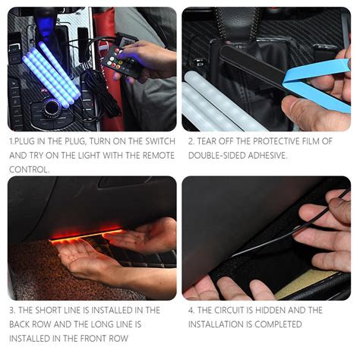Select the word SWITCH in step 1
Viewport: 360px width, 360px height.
[x=153, y=141]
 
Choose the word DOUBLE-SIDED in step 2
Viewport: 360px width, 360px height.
[x=215, y=155]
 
